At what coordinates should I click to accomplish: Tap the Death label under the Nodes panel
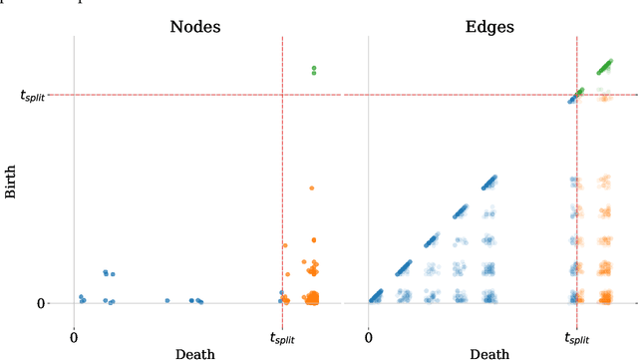coord(194,353)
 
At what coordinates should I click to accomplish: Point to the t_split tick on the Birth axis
coord(40,96)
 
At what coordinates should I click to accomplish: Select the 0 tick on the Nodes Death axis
coord(74,337)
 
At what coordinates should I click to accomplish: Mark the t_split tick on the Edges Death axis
coord(576,338)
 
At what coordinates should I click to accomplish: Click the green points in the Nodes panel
coord(313,70)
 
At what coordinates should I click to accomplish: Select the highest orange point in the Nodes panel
coord(311,186)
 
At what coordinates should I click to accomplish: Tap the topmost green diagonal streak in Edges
coord(604,66)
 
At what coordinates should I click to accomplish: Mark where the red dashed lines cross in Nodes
coord(282,96)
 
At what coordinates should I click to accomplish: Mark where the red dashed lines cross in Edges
coord(576,96)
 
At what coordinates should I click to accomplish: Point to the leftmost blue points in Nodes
coord(82,297)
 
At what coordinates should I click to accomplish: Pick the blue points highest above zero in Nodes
coord(108,272)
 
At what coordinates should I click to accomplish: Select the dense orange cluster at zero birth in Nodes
coord(313,297)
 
